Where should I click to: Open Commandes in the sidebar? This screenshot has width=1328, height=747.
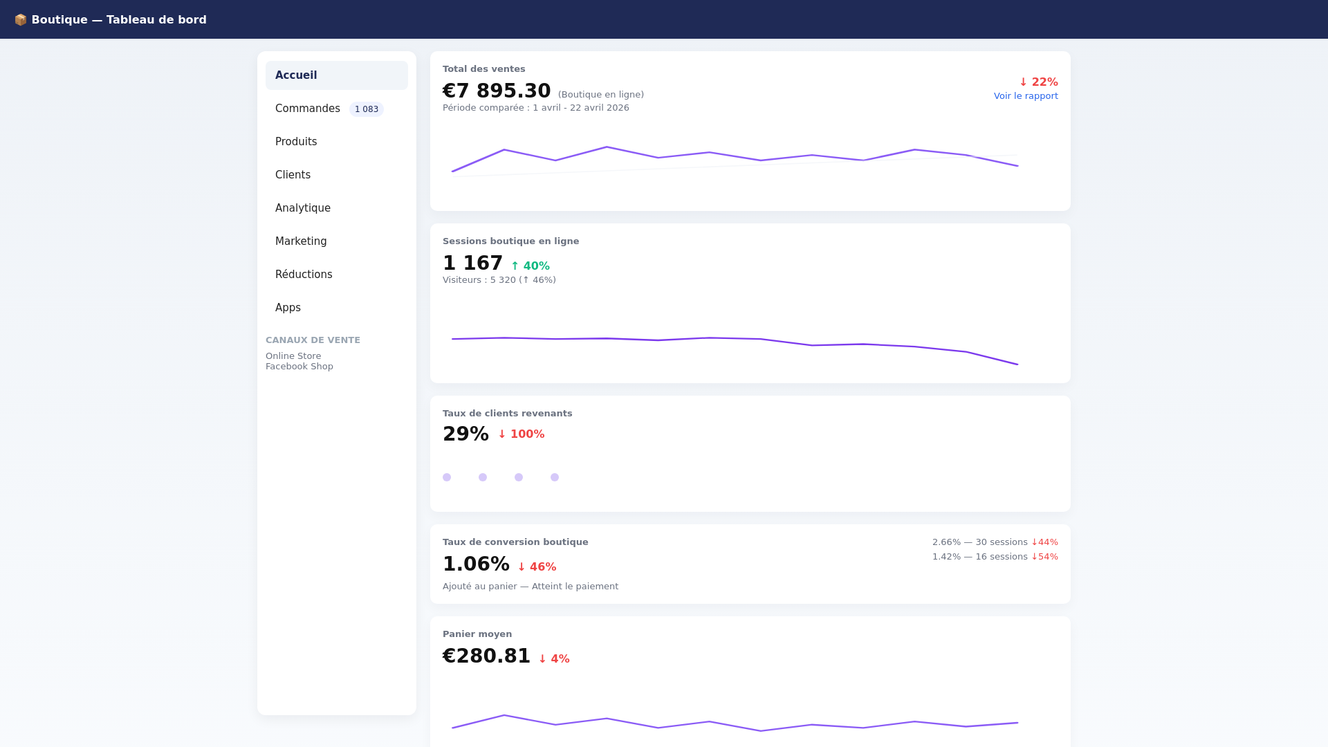coord(308,109)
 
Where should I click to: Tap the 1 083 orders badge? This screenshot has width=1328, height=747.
coord(366,109)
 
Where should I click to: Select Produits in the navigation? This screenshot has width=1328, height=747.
coord(296,142)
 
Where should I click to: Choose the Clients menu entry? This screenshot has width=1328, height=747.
coord(293,175)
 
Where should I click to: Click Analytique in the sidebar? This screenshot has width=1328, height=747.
coord(303,208)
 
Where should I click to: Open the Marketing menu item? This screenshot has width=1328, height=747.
coord(301,241)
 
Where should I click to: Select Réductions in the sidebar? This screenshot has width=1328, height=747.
coord(304,275)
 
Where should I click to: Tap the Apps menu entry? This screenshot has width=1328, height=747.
coord(288,308)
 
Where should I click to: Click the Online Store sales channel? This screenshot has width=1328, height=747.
coord(293,356)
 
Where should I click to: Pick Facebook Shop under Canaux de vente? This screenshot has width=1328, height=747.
coord(299,367)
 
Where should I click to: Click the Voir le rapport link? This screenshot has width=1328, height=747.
coord(1026,96)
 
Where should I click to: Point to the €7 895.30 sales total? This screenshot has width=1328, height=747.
coord(497,91)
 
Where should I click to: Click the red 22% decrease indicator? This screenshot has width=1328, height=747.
coord(1038,82)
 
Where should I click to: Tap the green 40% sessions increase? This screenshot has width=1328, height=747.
coord(531,266)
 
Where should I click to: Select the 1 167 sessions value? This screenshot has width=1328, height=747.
coord(472,263)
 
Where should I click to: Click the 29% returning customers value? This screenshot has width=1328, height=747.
coord(465,434)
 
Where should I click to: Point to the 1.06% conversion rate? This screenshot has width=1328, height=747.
coord(476,564)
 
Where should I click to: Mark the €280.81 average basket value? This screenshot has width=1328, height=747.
coord(486,656)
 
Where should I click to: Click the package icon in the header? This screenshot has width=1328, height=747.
coord(21,20)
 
